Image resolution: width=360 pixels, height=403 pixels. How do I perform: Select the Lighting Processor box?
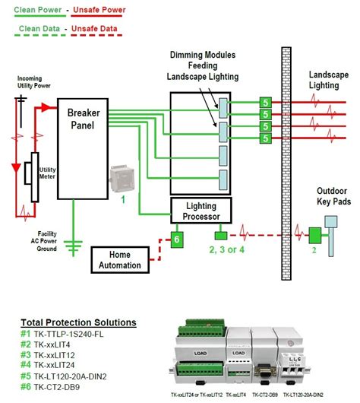(199, 211)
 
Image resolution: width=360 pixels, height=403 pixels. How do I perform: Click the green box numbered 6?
(175, 239)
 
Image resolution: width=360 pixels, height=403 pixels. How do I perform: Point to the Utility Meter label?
(48, 174)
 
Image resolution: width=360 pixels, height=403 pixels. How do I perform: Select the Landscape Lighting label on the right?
(329, 81)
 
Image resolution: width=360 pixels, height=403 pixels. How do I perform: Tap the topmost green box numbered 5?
(265, 102)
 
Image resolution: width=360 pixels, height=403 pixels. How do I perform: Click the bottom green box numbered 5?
(265, 138)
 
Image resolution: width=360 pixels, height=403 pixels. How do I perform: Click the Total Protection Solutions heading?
(80, 322)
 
